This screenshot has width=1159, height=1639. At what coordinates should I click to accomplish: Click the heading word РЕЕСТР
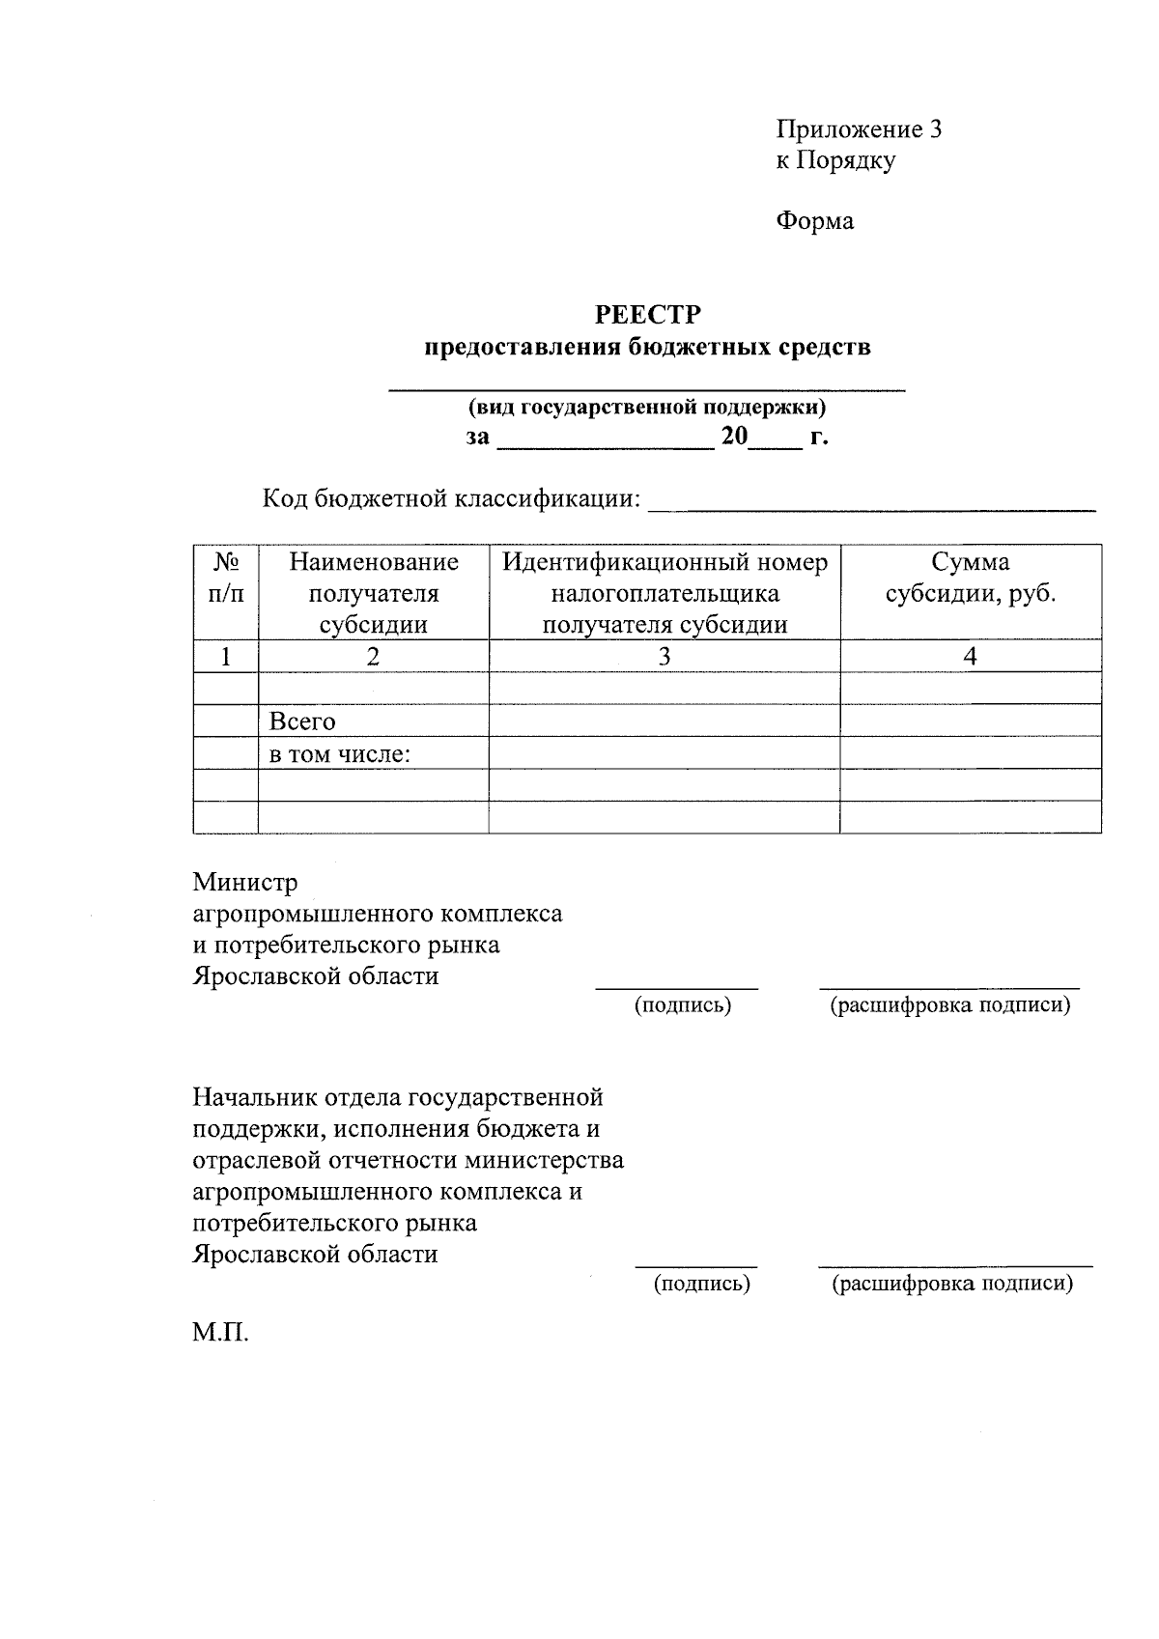(647, 315)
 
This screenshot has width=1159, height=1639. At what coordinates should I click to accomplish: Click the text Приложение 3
(859, 129)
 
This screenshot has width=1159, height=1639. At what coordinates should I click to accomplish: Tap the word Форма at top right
(814, 221)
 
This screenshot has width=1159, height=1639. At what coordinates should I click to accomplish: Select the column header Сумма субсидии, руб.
(971, 578)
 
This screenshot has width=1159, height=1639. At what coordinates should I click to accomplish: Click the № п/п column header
(226, 578)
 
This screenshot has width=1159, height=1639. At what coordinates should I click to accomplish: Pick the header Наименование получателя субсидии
(374, 592)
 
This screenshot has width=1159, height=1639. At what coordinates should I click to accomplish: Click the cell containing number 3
(664, 657)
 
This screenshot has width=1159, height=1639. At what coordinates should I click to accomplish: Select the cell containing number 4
(971, 657)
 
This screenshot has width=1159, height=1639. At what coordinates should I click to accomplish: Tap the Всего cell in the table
(302, 721)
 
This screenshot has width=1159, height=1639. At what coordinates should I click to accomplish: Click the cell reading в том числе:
(340, 754)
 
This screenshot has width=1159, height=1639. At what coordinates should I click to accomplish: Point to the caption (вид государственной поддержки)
(647, 407)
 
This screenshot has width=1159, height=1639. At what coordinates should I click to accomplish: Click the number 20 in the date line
(734, 437)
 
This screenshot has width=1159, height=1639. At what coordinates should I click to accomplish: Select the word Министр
(245, 882)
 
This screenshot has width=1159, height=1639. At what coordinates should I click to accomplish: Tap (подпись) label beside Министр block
(682, 1005)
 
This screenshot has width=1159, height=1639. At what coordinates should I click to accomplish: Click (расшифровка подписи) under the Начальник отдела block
(952, 1284)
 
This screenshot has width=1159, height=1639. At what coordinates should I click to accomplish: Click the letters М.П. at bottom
(220, 1335)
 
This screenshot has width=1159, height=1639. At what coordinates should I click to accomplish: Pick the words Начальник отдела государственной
(398, 1097)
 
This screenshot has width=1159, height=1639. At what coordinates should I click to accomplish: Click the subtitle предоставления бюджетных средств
(647, 347)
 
